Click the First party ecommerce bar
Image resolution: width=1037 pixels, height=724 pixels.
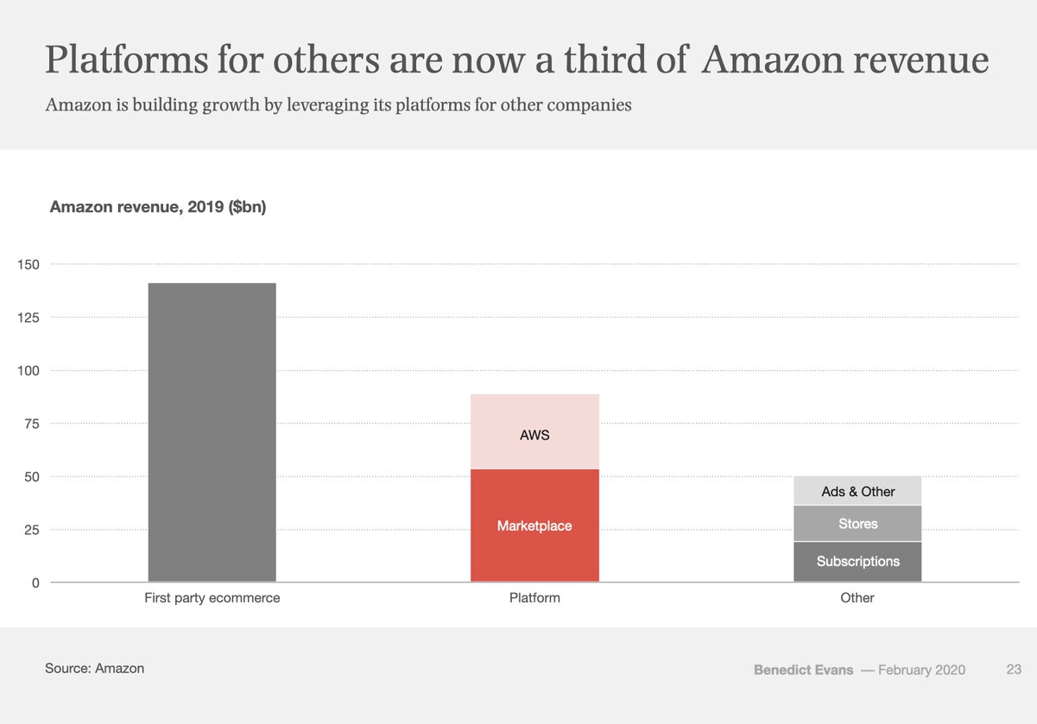(x=212, y=431)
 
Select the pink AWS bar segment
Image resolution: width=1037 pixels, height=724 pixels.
(x=534, y=431)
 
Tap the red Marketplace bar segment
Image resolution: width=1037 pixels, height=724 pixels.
(x=534, y=526)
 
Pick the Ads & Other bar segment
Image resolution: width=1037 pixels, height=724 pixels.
(x=857, y=491)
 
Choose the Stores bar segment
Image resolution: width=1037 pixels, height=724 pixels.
(x=857, y=524)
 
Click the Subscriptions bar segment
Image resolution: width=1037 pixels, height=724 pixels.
(x=857, y=562)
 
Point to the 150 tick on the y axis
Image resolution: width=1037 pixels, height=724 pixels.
(x=28, y=264)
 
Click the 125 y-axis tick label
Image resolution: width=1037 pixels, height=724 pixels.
(x=28, y=318)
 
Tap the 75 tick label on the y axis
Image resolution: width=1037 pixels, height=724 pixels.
(x=32, y=424)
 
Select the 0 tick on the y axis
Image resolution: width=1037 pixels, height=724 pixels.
(x=35, y=582)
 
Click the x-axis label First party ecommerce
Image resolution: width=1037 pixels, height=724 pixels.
(x=212, y=598)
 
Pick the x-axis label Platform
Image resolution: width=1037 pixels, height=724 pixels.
(x=534, y=598)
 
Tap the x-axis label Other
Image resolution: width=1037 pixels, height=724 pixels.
(x=857, y=598)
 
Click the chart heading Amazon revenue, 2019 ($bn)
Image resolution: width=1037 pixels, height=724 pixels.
(x=158, y=207)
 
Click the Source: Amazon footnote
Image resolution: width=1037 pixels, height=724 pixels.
(x=94, y=668)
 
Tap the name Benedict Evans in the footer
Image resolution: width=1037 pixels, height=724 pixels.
(x=803, y=670)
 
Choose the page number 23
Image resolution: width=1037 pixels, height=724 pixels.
(x=1014, y=670)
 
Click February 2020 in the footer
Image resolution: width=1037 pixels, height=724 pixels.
(x=921, y=670)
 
